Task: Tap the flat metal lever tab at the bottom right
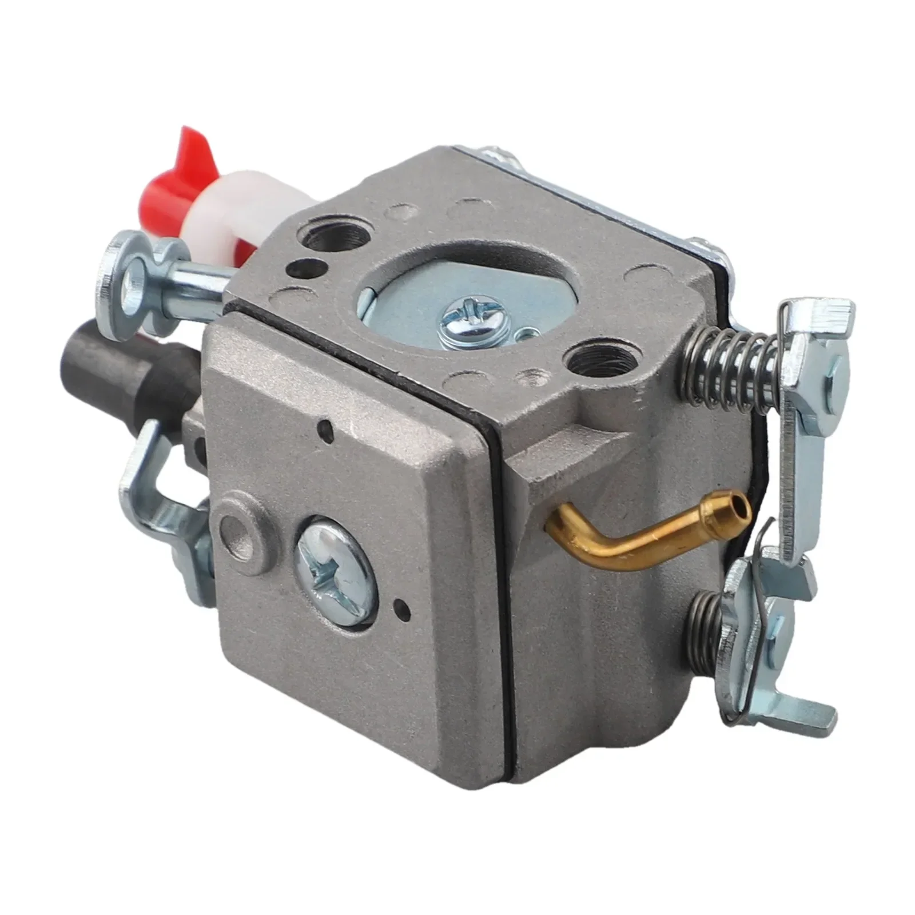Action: pyautogui.click(x=806, y=709)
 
